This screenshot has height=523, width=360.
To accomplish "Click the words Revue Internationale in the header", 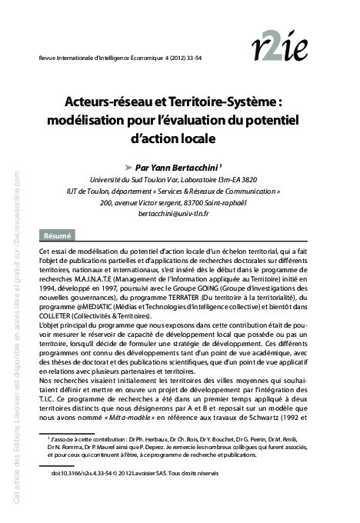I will tap(67, 57).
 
